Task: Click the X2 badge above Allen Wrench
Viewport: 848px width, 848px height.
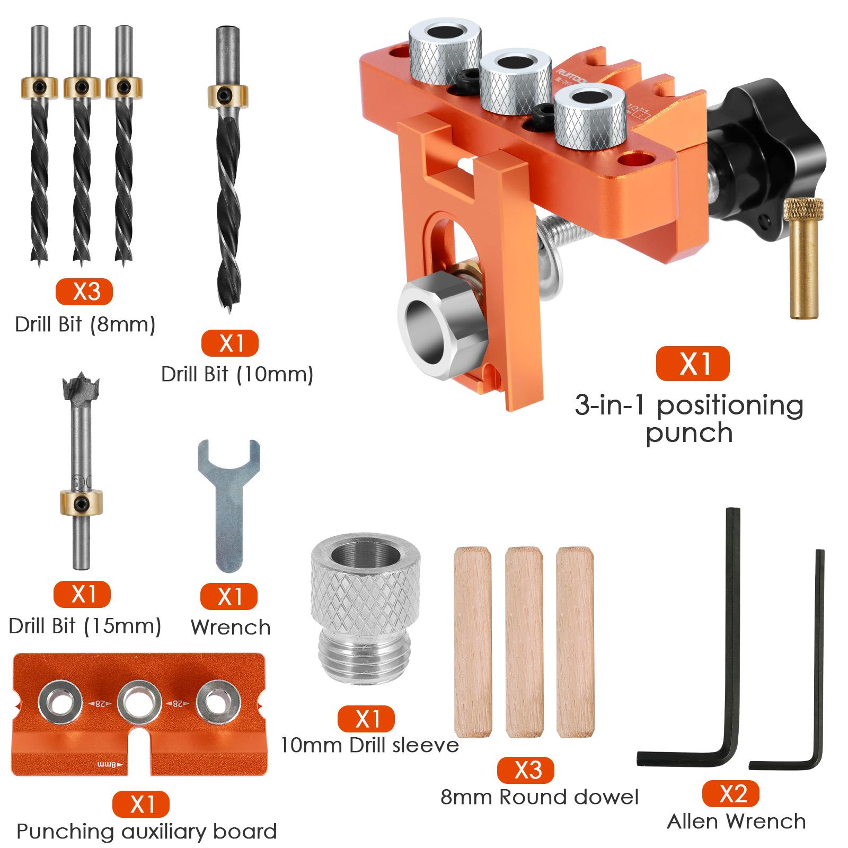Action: tap(731, 794)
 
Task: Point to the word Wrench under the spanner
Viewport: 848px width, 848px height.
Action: tap(231, 628)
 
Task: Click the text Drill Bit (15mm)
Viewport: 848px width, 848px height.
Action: tap(85, 626)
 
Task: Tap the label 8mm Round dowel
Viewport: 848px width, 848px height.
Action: tap(540, 797)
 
